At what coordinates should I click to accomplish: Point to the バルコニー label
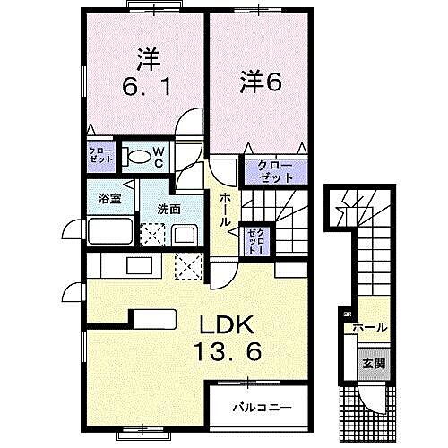pos(262,407)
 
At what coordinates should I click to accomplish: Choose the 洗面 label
pos(168,209)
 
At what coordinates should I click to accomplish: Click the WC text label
pos(156,158)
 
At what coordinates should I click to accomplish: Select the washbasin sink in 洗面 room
pos(185,237)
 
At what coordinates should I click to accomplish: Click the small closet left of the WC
pos(100,153)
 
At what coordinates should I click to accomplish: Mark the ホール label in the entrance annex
pos(369,328)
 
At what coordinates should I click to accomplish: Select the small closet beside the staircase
pos(254,239)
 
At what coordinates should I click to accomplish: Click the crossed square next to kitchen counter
pos(189,265)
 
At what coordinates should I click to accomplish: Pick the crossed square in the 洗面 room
pos(152,235)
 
